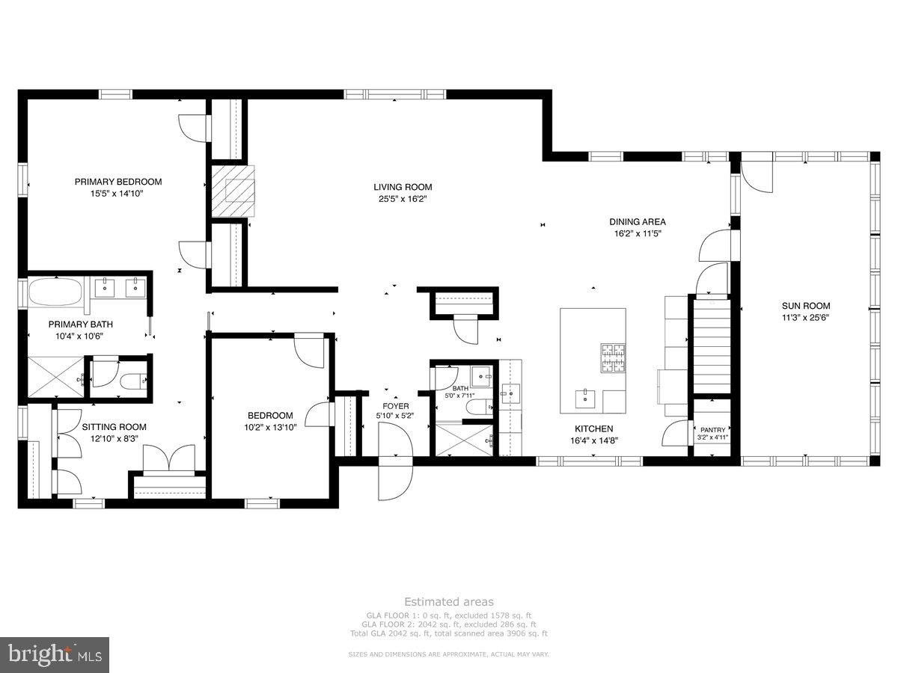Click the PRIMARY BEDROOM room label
(117, 182)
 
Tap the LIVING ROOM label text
(403, 187)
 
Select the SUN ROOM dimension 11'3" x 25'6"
(806, 317)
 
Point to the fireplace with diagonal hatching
(230, 191)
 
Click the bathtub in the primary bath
(56, 292)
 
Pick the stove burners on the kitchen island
(612, 357)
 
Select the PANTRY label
(712, 430)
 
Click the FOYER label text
(396, 407)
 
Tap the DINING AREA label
(637, 221)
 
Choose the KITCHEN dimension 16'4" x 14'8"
(594, 440)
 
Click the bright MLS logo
(55, 655)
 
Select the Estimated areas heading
(448, 601)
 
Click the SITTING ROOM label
(114, 427)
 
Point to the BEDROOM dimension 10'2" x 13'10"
(270, 427)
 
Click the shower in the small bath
(461, 439)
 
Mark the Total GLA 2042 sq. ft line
(448, 633)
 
